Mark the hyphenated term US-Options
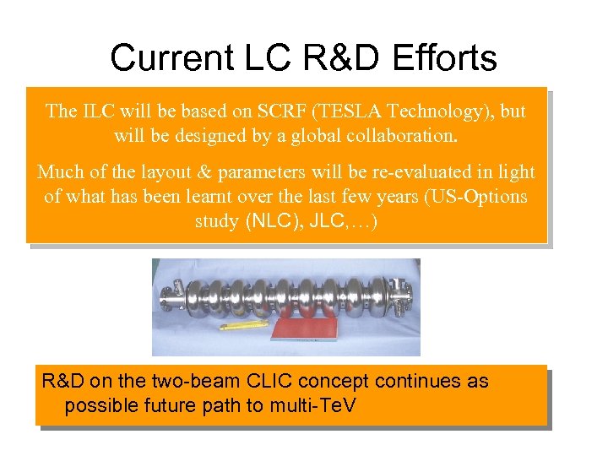point(476,197)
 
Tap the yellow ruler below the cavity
point(244,325)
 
